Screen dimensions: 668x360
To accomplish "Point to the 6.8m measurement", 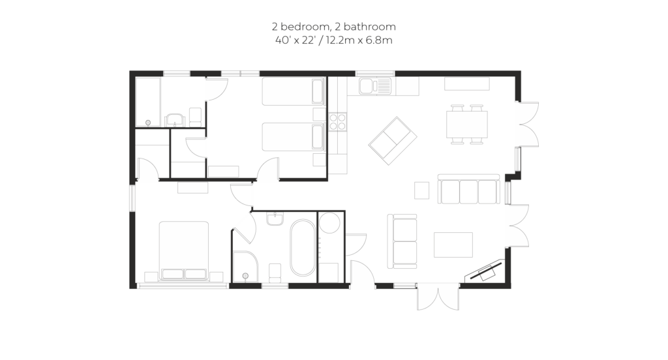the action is [381, 40].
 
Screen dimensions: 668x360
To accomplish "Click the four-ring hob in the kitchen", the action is [338, 121].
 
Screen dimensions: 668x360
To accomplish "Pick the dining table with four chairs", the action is [467, 124].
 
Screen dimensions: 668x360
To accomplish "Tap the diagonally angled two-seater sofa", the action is [392, 141].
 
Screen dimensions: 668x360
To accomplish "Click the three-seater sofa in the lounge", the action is [468, 189].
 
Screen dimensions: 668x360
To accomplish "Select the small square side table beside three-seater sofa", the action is [422, 190].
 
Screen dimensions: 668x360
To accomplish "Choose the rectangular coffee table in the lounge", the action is [453, 245].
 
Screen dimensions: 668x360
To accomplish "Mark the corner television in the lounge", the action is [485, 271].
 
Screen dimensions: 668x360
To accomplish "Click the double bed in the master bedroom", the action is [184, 250].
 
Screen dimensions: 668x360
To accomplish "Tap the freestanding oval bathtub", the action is [303, 248].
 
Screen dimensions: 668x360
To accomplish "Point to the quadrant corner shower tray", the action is [245, 267].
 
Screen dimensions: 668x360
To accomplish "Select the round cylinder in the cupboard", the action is [329, 222].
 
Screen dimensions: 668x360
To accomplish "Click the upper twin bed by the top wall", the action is [294, 91].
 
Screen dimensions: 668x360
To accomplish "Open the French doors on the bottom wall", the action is [438, 297].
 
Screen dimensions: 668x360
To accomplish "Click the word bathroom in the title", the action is [369, 27].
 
